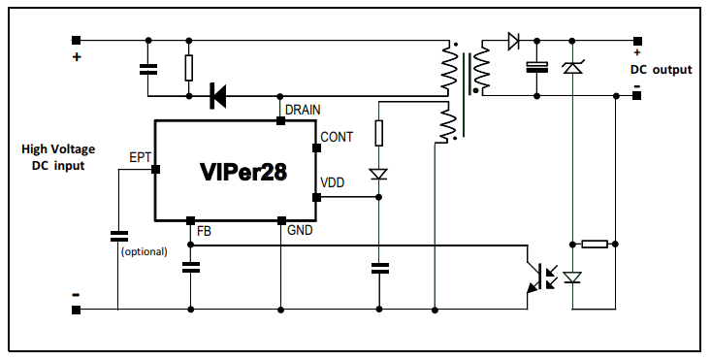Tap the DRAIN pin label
tap(303, 110)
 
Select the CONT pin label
tap(337, 137)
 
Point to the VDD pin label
tap(332, 183)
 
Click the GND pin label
tap(300, 230)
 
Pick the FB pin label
tap(204, 231)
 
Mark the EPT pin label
tap(140, 156)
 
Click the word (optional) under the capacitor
tap(144, 251)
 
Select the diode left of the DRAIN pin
tap(217, 95)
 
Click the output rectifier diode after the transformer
tap(512, 41)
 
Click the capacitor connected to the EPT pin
tap(118, 235)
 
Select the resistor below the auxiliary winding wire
tap(379, 133)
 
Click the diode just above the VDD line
tap(379, 174)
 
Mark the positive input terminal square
tap(76, 41)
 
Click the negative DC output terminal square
tap(637, 95)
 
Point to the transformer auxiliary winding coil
tap(447, 123)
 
